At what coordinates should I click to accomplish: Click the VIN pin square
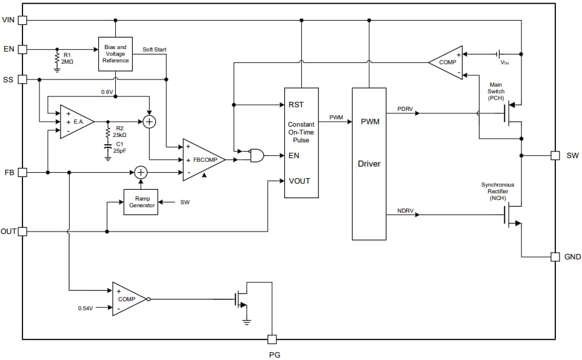(22, 20)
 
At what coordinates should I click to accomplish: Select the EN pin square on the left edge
(22, 49)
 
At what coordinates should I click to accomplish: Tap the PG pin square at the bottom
(272, 339)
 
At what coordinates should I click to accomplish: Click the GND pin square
(555, 256)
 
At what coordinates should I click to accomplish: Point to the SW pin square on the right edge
(555, 155)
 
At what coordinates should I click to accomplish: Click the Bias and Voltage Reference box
(115, 53)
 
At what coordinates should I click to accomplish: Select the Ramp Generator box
(141, 202)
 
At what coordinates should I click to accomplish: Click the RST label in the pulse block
(296, 105)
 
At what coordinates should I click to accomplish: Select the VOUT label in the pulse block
(300, 181)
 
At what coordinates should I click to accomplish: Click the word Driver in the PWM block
(369, 164)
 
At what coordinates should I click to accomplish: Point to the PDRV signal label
(405, 108)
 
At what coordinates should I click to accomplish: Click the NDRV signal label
(405, 210)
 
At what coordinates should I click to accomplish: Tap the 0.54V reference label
(85, 308)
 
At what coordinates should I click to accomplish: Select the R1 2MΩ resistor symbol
(57, 58)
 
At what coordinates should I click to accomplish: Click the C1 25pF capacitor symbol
(108, 147)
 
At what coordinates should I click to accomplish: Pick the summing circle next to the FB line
(141, 173)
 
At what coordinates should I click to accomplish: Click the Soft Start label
(155, 49)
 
